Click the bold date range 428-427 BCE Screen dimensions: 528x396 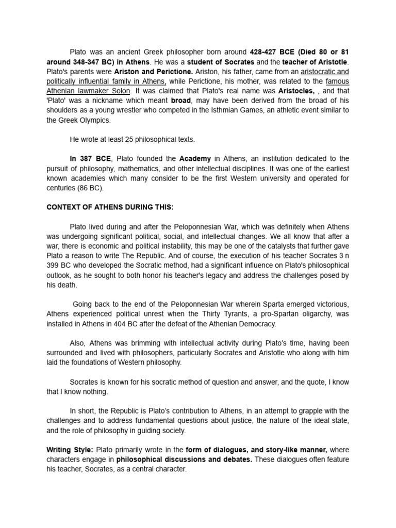pos(274,52)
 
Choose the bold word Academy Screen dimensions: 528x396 pos(195,158)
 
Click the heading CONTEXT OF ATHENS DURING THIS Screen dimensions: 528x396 pos(110,207)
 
